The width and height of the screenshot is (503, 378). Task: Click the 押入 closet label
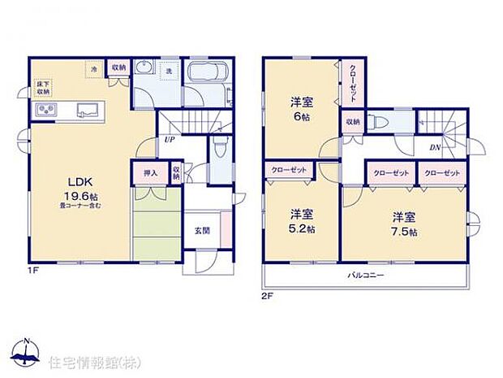pyautogui.click(x=150, y=172)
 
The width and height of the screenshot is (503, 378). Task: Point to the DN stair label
pyautogui.click(x=434, y=148)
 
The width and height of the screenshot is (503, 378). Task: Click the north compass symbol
pyautogui.click(x=27, y=352)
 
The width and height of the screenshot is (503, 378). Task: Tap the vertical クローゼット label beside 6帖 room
pyautogui.click(x=353, y=84)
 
